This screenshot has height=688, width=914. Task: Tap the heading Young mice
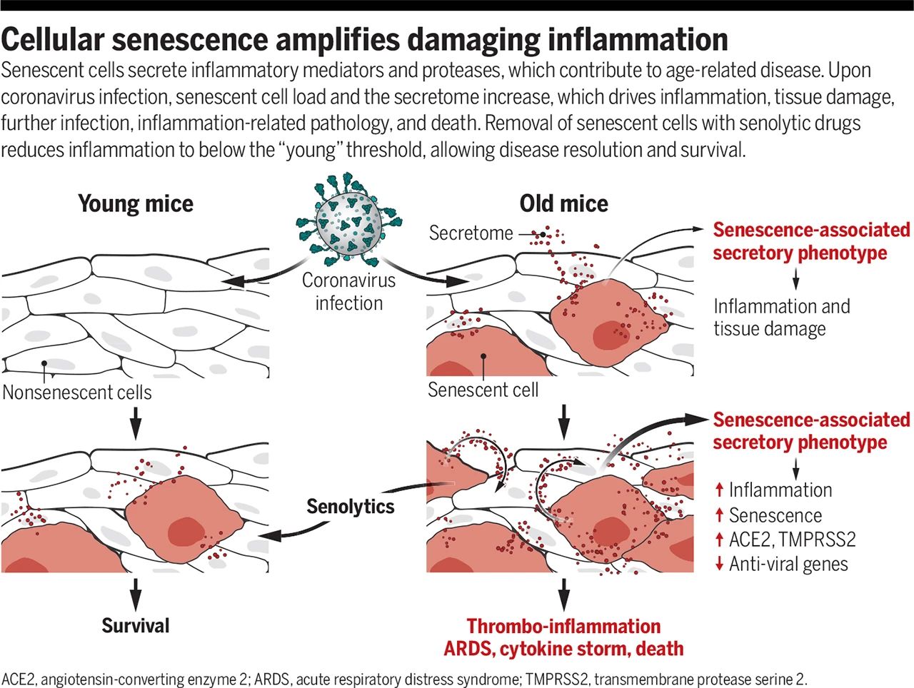pos(136,204)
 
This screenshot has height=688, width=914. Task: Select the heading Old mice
pos(563,204)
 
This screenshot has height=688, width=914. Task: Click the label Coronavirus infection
pos(348,291)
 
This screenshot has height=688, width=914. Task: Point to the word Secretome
pos(471,233)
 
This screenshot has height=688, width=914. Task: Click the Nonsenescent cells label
pos(77,392)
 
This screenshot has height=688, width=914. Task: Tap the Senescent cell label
pos(483,390)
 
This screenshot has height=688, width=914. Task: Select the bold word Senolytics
pos(350,507)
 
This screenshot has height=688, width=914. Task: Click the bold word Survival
pos(136,626)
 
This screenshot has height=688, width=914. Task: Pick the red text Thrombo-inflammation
pos(563,626)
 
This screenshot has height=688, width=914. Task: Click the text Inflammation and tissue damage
pos(781,318)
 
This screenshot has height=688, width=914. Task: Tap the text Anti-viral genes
pos(788,564)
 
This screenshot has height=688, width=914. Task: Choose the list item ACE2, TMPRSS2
pos(792,539)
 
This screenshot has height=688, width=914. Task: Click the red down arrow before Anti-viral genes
pos(719,564)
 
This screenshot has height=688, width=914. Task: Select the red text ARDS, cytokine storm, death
pos(563,649)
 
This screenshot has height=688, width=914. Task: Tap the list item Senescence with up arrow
pos(775,515)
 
